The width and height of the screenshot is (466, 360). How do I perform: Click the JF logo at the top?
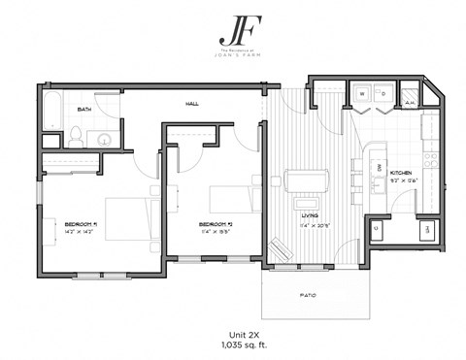pos(232,25)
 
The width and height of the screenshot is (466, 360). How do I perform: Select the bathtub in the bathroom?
pos(51,114)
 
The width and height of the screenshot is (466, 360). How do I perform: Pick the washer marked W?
pos(361,95)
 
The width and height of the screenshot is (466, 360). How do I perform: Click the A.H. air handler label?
pos(411,102)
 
